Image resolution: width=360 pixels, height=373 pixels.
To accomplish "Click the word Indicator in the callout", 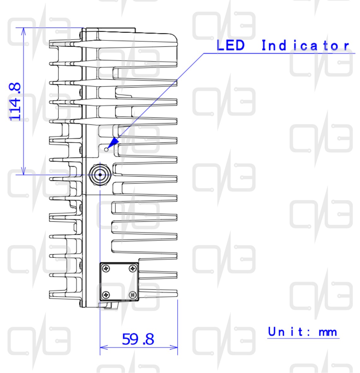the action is click(x=305, y=45).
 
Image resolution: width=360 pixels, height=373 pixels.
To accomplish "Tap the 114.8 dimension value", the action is click(x=15, y=102).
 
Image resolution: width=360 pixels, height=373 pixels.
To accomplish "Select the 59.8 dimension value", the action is click(x=138, y=339).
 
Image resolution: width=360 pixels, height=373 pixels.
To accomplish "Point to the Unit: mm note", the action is click(x=302, y=332).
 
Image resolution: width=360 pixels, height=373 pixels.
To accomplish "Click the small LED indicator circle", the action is click(x=106, y=149).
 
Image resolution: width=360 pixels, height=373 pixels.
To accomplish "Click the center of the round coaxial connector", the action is click(x=100, y=175).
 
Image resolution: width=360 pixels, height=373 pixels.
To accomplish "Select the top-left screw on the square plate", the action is click(x=106, y=269).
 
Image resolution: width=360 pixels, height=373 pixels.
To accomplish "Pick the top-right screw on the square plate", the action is click(x=133, y=269).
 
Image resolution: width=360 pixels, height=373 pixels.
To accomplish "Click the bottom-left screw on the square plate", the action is click(x=106, y=295).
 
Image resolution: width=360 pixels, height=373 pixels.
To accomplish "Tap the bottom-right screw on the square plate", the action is click(x=133, y=295).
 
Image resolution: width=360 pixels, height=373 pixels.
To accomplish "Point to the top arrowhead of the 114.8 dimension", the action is click(x=23, y=31).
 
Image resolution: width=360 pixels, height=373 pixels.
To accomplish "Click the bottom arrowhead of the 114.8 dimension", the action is click(x=23, y=171).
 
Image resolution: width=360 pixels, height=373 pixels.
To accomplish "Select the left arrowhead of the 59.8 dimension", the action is click(x=104, y=347).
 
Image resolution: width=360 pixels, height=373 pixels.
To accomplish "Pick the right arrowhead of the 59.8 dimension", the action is click(x=174, y=347).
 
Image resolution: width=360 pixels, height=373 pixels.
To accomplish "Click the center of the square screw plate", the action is click(x=119, y=282).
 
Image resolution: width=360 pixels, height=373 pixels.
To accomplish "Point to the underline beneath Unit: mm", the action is click(x=303, y=338).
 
